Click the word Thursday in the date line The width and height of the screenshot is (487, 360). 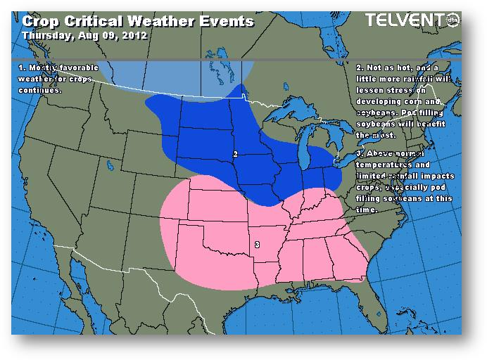(x=45, y=34)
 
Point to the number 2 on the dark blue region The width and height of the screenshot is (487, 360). (x=235, y=153)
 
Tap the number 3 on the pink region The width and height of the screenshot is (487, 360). (x=258, y=245)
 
